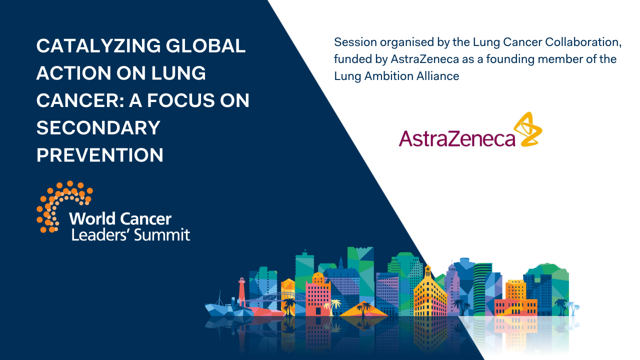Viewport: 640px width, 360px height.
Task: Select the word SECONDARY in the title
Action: tap(98, 128)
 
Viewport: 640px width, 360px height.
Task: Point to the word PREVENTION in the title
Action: tap(100, 155)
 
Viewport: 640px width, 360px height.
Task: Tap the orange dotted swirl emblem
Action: tap(62, 205)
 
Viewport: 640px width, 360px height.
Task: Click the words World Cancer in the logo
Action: tap(120, 219)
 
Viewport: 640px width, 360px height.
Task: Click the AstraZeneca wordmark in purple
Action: tap(456, 137)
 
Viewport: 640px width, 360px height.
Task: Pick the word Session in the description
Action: tap(352, 42)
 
